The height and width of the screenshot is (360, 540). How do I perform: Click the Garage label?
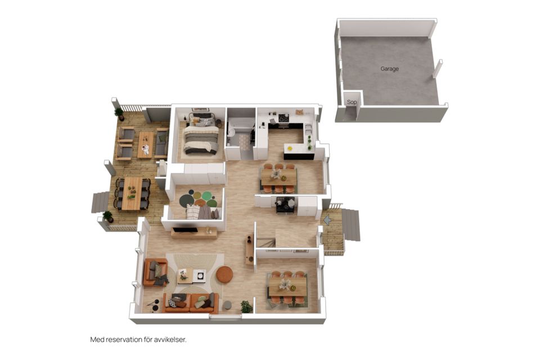click(389, 69)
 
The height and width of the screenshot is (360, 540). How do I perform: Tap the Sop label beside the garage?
click(352, 102)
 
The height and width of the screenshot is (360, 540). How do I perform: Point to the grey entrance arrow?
click(327, 219)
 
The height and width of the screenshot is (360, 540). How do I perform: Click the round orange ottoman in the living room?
click(224, 274)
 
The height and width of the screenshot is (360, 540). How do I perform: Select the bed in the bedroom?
click(201, 136)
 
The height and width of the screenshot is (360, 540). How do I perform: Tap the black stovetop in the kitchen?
click(283, 118)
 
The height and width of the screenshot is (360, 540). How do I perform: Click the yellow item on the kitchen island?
click(290, 148)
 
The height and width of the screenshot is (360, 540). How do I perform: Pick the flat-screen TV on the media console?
click(185, 229)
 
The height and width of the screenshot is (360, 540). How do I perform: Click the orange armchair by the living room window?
click(156, 272)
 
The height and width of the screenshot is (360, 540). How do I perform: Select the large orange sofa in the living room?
click(191, 303)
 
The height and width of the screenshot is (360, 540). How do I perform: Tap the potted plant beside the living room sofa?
click(246, 306)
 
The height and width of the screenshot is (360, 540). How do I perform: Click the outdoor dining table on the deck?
click(132, 193)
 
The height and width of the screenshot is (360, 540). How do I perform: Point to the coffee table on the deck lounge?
click(145, 145)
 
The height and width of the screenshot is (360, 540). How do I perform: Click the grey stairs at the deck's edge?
click(100, 202)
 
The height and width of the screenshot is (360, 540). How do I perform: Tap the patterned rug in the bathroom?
click(244, 142)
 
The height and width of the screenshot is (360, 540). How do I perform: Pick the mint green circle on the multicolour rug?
click(206, 196)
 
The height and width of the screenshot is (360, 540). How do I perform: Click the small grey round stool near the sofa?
click(227, 305)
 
